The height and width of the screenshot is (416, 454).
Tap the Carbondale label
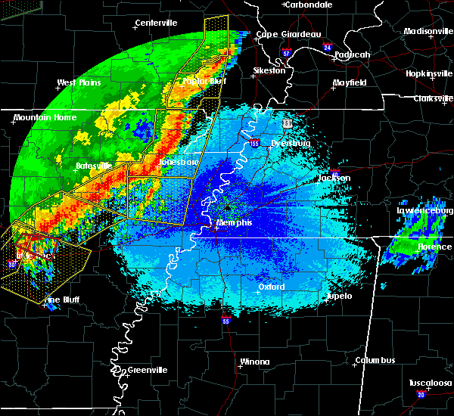(309, 5)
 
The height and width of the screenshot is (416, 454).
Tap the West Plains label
(79, 82)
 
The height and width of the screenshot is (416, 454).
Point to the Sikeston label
(269, 70)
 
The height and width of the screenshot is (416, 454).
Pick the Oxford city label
(271, 287)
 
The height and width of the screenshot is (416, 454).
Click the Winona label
(254, 362)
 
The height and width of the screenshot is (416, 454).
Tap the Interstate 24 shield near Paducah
(327, 47)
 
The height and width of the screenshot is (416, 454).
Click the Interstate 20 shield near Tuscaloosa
(421, 395)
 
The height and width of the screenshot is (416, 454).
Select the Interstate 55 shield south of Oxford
(227, 321)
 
